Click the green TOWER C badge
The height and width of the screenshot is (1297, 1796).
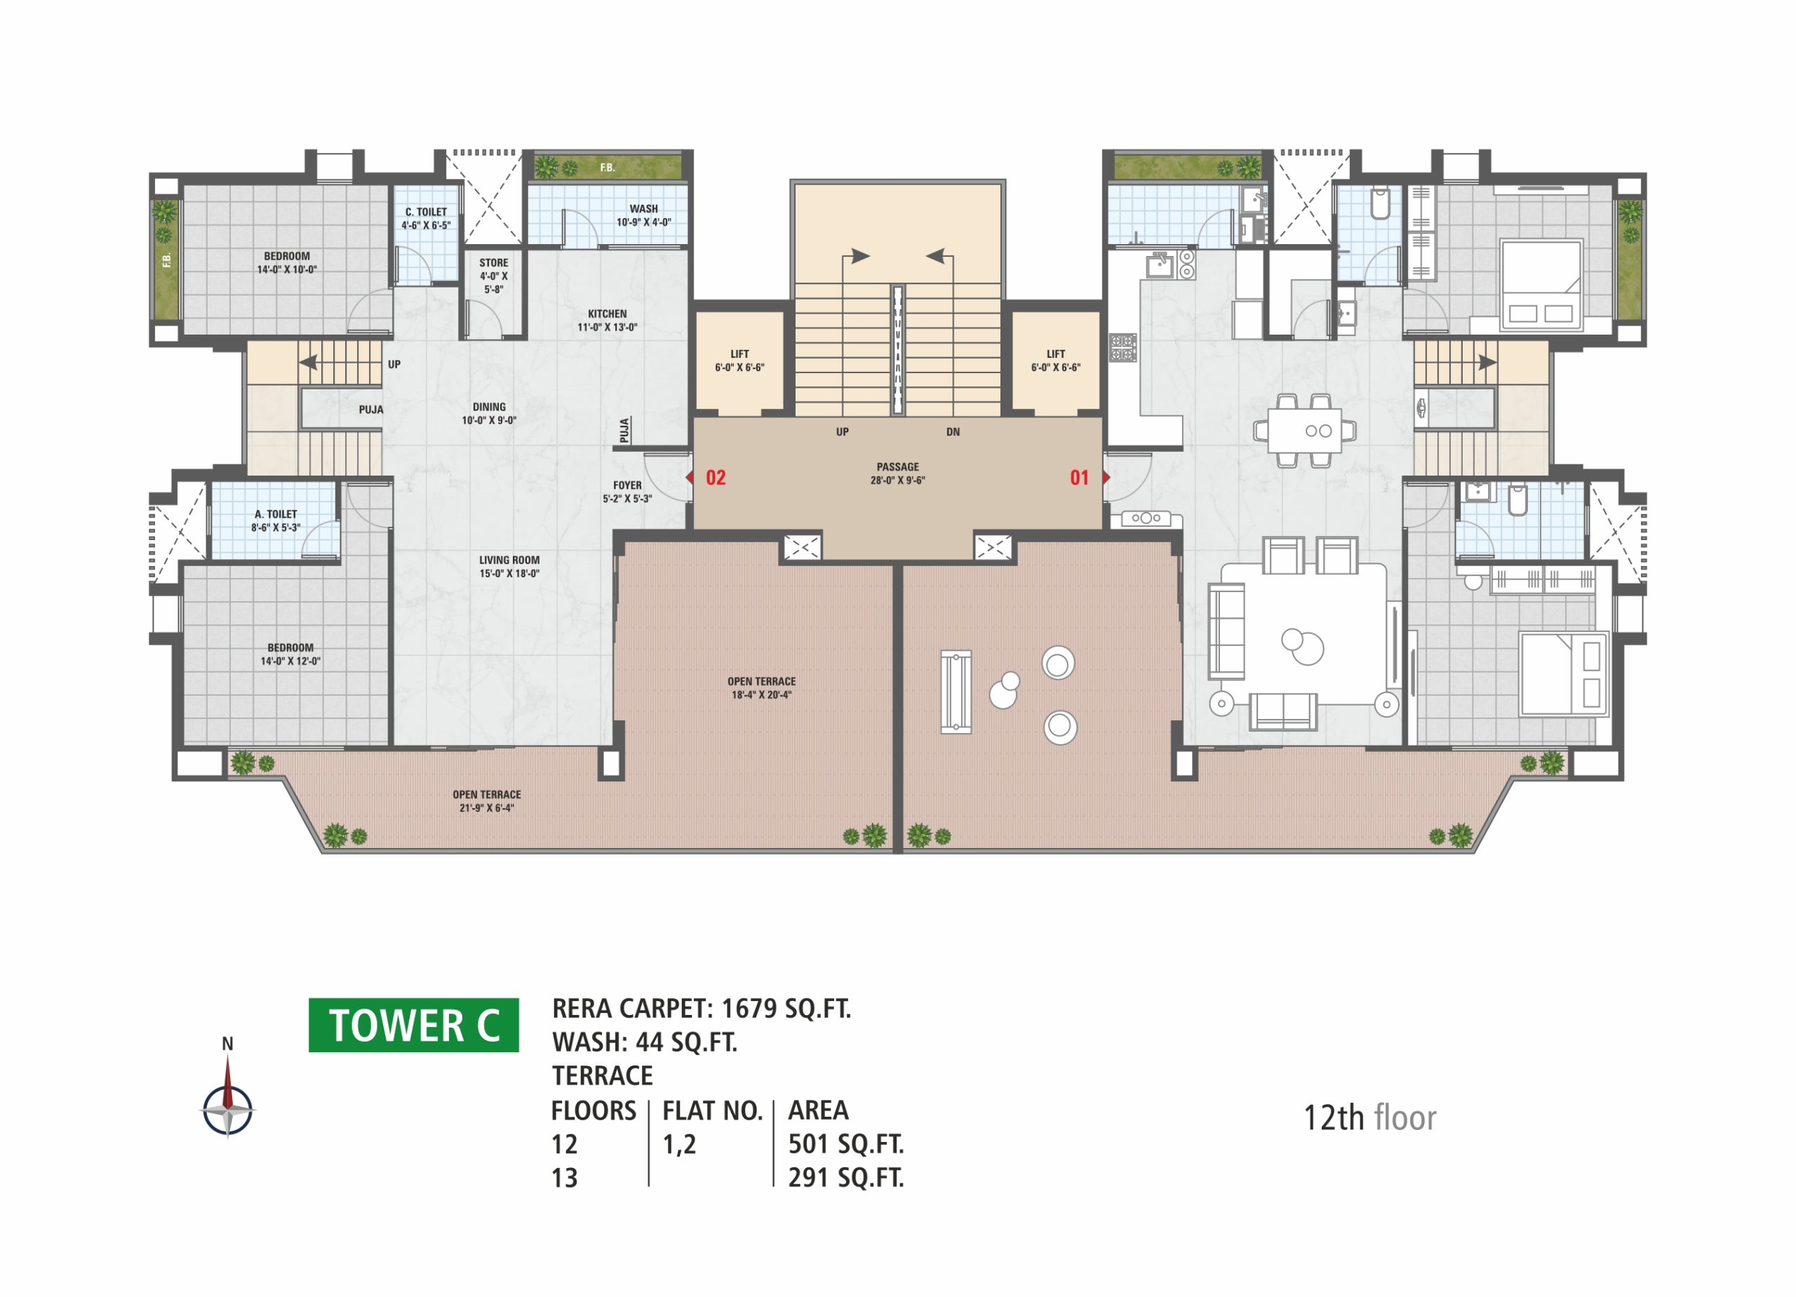[x=413, y=1025]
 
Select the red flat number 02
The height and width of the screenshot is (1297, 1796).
[x=716, y=478]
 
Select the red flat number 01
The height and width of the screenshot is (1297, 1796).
[x=1079, y=478]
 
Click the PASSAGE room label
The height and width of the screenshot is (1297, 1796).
[x=898, y=473]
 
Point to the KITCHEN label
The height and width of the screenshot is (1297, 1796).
[x=608, y=320]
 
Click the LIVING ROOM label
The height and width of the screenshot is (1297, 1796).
[x=509, y=566]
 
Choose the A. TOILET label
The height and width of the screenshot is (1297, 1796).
[x=276, y=520]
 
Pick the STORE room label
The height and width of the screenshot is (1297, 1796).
[x=493, y=276]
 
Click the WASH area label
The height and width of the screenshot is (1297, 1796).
[x=644, y=215]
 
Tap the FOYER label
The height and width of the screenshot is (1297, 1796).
[x=627, y=492]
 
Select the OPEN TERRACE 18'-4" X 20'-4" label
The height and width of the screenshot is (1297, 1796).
[x=761, y=688]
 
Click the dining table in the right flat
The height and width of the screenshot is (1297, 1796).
[x=1305, y=431]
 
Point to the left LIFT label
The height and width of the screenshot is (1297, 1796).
[x=739, y=361]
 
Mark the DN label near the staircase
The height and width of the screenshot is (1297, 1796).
[x=953, y=431]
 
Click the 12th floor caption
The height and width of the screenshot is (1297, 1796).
[x=1369, y=1117]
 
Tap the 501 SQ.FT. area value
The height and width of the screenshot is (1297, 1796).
[x=846, y=1143]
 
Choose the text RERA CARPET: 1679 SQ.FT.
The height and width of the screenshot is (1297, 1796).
[x=702, y=1008]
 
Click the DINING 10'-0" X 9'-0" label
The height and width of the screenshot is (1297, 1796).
[x=490, y=413]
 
